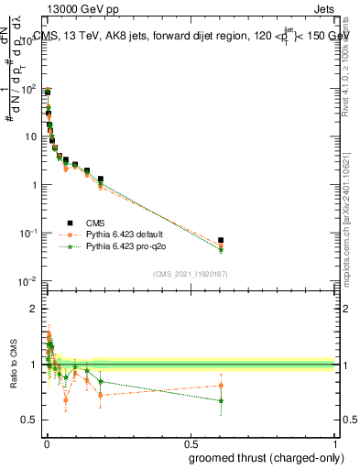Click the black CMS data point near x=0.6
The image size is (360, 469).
pyautogui.click(x=221, y=240)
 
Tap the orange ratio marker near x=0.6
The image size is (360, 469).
pyautogui.click(x=221, y=385)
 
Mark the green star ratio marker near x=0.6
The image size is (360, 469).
pyautogui.click(x=221, y=400)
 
